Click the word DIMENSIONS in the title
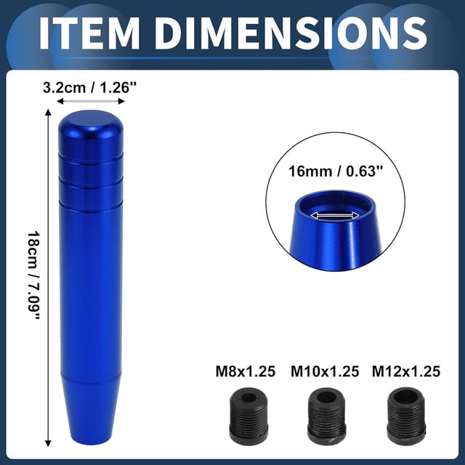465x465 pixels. coord(290,33)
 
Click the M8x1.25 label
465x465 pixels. coord(246,372)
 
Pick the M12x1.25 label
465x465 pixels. coord(406,372)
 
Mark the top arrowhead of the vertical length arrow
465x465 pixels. coord(49,113)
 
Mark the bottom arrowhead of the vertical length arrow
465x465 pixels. coord(49,442)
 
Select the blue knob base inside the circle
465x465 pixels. coord(336,240)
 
